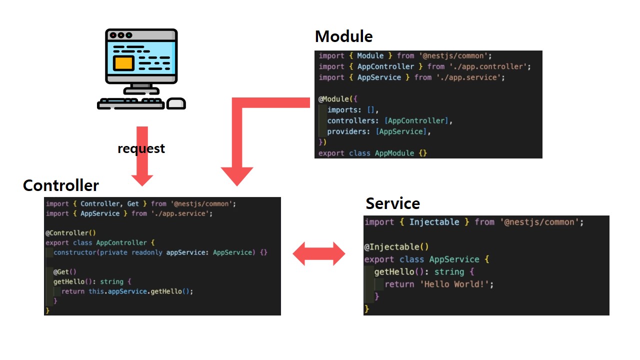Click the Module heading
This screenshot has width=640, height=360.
click(x=343, y=36)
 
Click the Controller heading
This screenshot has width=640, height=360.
click(x=60, y=185)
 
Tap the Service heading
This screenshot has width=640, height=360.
click(x=392, y=203)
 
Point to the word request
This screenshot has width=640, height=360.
click(x=141, y=148)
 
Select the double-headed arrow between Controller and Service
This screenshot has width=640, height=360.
click(x=318, y=253)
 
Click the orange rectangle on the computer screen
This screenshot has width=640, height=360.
click(x=123, y=63)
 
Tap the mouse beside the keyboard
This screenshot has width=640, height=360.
click(x=175, y=103)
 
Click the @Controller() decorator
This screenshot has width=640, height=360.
click(x=70, y=232)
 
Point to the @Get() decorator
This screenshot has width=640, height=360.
click(x=65, y=272)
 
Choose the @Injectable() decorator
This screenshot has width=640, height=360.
click(x=396, y=246)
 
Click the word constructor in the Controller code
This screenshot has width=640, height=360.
click(x=74, y=252)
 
